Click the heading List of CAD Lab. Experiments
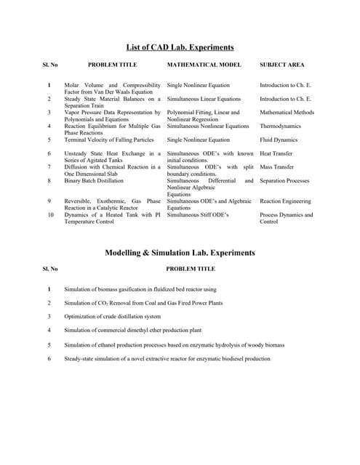point(180,48)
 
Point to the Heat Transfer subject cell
point(276,153)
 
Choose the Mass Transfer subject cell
point(277,167)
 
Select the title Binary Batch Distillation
point(94,181)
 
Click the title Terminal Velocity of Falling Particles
point(109,139)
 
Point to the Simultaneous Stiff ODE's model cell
point(198,215)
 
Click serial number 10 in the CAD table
point(50,215)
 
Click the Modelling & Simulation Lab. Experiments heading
point(180,253)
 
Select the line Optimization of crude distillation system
point(113,317)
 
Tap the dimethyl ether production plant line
point(135,331)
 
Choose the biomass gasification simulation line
point(140,289)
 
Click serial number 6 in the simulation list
point(49,358)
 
